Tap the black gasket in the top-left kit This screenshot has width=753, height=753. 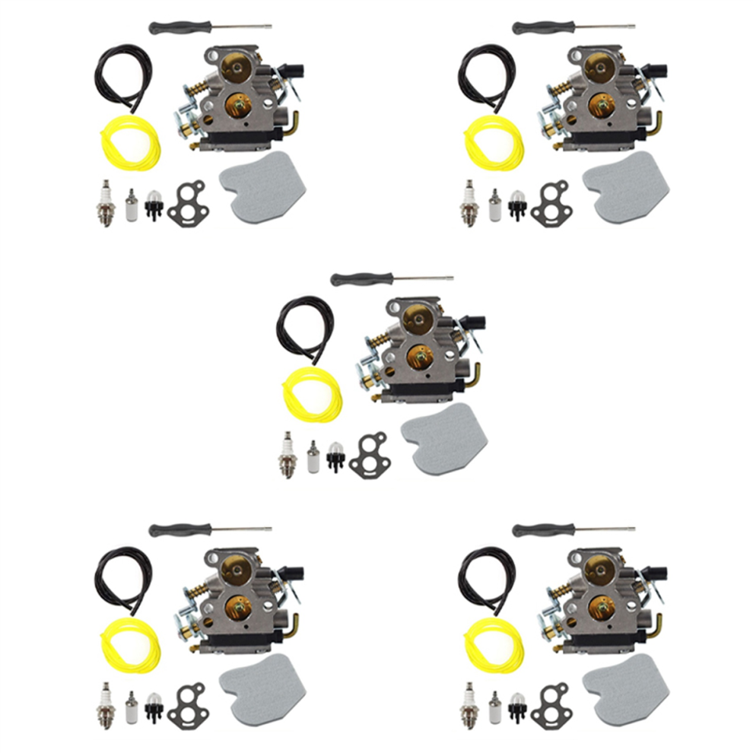coord(185,204)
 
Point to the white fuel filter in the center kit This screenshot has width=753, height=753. coord(312,457)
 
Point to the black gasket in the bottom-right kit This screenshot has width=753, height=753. coord(548,706)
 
